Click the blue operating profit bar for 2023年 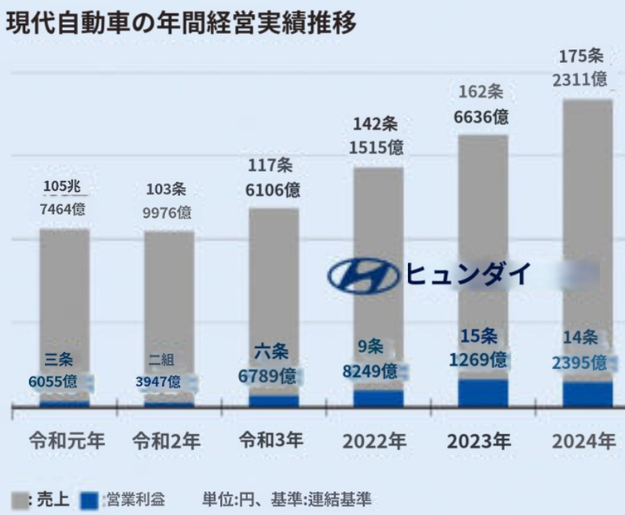[x=483, y=392]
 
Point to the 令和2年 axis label [x=167, y=440]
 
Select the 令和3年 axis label [x=272, y=440]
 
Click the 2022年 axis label [x=375, y=441]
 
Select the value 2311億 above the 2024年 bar [x=579, y=79]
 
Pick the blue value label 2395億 [x=579, y=362]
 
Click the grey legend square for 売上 [x=17, y=499]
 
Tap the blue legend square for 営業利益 [x=90, y=499]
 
